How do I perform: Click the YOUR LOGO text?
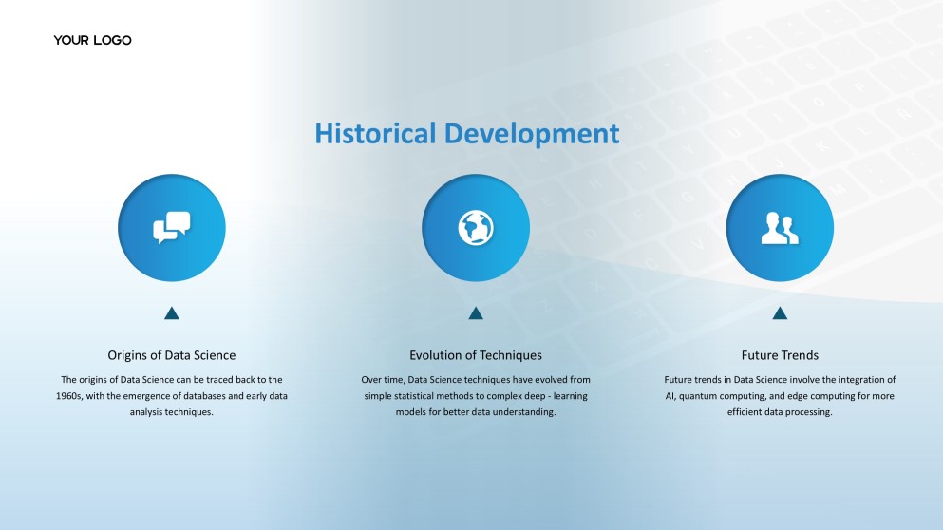[x=93, y=40]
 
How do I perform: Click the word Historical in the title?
[x=375, y=133]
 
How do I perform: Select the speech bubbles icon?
[x=171, y=227]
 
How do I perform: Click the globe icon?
[x=476, y=227]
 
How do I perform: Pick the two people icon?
[x=780, y=228]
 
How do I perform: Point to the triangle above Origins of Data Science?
[x=171, y=312]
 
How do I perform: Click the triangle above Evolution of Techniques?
[x=476, y=312]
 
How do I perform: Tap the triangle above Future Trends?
[x=780, y=312]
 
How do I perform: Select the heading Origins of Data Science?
[x=171, y=355]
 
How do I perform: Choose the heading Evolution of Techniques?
[x=476, y=355]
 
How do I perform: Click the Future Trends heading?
[x=780, y=355]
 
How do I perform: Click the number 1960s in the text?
[x=68, y=396]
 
